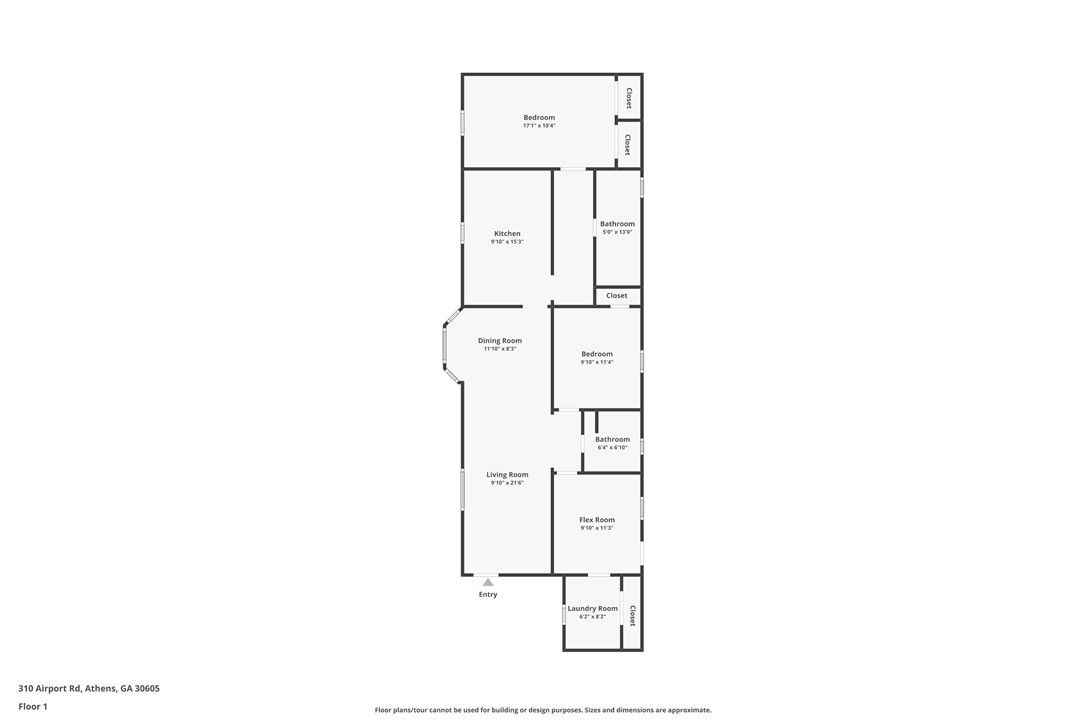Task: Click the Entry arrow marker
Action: click(488, 583)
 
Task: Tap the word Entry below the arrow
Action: click(488, 594)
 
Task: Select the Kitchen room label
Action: click(507, 233)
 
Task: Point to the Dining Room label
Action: click(500, 341)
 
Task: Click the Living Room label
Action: click(507, 475)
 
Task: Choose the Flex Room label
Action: click(597, 520)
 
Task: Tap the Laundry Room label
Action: click(593, 608)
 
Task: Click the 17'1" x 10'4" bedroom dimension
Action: click(539, 126)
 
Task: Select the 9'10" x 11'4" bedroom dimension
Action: click(597, 362)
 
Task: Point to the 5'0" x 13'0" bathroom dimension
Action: click(617, 232)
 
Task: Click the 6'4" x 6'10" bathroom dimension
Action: click(612, 448)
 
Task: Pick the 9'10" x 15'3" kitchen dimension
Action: click(507, 242)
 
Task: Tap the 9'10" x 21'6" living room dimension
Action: click(507, 483)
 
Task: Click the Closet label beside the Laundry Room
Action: click(632, 616)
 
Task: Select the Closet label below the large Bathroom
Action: click(617, 296)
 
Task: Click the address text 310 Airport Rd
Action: click(51, 689)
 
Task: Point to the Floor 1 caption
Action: click(33, 707)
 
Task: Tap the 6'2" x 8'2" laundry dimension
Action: click(593, 617)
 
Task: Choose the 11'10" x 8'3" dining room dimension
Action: click(500, 349)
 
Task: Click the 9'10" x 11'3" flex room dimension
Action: click(597, 528)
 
